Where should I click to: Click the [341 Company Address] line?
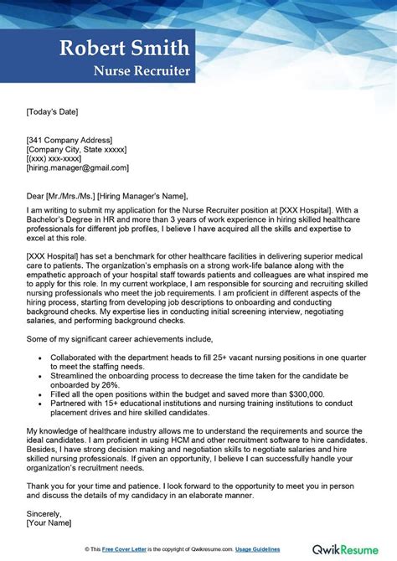tap(70, 139)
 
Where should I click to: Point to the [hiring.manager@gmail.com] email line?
tap(78, 167)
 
